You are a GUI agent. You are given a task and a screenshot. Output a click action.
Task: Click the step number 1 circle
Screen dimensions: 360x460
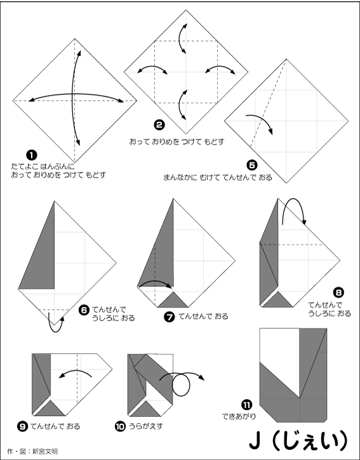[x=32, y=155]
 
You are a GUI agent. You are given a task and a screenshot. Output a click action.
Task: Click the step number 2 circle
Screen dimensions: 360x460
[x=159, y=125]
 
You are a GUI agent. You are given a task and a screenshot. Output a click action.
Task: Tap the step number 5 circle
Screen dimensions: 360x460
[x=252, y=166]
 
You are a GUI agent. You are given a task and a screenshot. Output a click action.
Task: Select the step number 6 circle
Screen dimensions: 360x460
[x=84, y=310]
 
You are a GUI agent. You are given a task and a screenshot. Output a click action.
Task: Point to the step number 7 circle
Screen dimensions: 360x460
[x=170, y=317]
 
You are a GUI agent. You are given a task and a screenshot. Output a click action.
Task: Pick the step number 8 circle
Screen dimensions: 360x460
[x=338, y=292]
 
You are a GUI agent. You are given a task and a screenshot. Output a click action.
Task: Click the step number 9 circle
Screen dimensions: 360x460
[x=22, y=426]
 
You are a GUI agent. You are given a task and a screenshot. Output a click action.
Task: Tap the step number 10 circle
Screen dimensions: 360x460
[x=120, y=426]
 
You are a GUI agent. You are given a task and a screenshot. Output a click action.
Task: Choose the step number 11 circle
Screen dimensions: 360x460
[x=246, y=405]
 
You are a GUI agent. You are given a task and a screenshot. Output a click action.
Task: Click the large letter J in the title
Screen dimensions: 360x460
[x=255, y=440]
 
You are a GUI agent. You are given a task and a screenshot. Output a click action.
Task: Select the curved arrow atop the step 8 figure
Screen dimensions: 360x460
[x=293, y=199]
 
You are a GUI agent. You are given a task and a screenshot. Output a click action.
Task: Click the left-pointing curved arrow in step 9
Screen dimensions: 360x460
[x=75, y=371]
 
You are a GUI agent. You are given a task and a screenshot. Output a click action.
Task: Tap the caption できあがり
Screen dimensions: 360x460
[x=239, y=416]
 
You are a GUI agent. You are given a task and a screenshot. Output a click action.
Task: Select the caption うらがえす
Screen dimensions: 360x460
[x=146, y=426]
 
